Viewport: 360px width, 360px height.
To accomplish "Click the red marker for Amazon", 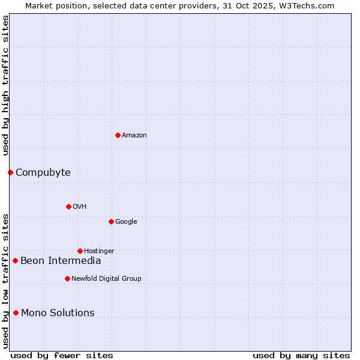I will [118, 135].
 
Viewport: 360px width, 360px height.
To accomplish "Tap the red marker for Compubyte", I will [10, 172].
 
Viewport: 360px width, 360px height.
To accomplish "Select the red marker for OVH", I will [68, 206].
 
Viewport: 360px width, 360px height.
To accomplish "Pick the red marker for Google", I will [111, 221].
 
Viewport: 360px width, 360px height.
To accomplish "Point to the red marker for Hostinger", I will [80, 251].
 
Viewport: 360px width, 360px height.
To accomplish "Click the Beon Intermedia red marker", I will [15, 260].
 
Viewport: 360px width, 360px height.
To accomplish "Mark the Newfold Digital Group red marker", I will [67, 278].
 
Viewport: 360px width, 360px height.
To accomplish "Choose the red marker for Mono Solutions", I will [16, 313].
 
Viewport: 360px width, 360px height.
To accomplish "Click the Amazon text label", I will [134, 136].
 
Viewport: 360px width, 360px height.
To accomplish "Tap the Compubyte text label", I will [43, 173].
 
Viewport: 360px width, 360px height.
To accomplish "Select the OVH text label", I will [80, 207].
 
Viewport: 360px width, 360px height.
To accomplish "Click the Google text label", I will [126, 222].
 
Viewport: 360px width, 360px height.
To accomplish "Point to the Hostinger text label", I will [99, 251].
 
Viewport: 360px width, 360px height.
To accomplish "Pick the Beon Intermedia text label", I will [61, 261].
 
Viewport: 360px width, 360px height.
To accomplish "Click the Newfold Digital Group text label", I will [106, 279].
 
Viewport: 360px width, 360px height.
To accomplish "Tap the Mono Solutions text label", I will [58, 313].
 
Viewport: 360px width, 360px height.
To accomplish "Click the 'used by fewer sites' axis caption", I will [62, 356].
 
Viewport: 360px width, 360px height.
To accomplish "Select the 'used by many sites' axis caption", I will [301, 356].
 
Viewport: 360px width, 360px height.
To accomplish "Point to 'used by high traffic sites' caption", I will [6, 85].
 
